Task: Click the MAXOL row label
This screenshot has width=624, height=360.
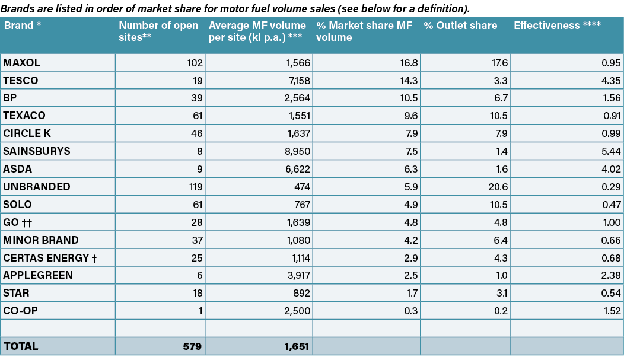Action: click(x=21, y=63)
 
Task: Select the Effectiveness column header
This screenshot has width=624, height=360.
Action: click(x=557, y=26)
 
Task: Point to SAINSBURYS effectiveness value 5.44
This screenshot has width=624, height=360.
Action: click(x=610, y=151)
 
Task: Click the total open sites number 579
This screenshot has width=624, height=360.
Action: click(x=193, y=346)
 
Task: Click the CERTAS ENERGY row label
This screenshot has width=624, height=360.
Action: click(x=50, y=258)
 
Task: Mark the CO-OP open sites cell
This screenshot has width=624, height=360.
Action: click(x=200, y=311)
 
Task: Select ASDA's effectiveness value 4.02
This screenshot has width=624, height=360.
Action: click(x=610, y=169)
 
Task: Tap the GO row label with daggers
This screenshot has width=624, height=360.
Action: click(x=20, y=222)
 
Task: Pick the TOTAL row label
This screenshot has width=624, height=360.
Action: click(x=21, y=346)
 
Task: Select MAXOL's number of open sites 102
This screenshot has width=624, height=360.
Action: click(x=195, y=63)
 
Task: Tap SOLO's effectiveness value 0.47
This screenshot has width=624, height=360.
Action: click(x=611, y=205)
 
